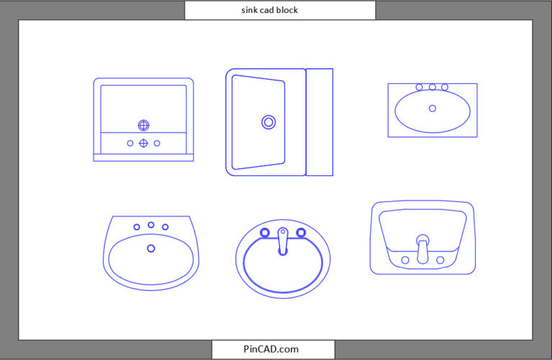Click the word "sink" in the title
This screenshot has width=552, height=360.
click(x=251, y=10)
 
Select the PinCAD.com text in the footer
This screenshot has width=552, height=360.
click(x=271, y=349)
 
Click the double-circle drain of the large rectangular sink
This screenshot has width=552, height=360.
click(x=269, y=122)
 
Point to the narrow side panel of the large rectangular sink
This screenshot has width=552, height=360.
click(x=320, y=122)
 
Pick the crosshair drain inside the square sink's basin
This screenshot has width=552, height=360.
click(x=144, y=125)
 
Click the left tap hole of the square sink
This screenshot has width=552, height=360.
click(x=130, y=143)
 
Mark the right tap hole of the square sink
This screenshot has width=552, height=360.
click(x=157, y=143)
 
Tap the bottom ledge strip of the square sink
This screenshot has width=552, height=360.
click(x=144, y=157)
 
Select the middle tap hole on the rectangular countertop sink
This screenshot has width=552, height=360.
click(x=432, y=87)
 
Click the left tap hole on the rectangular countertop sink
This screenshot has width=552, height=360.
click(x=419, y=87)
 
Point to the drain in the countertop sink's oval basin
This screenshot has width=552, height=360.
click(x=432, y=109)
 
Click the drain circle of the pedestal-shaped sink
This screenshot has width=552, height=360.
click(x=151, y=248)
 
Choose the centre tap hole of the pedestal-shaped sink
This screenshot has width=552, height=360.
click(x=151, y=225)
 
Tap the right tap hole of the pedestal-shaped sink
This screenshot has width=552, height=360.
click(x=165, y=227)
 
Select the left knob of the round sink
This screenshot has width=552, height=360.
click(x=264, y=232)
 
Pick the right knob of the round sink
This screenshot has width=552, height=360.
click(x=301, y=232)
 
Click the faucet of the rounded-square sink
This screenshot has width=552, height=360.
click(x=423, y=249)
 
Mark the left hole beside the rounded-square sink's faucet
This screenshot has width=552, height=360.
click(x=405, y=259)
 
